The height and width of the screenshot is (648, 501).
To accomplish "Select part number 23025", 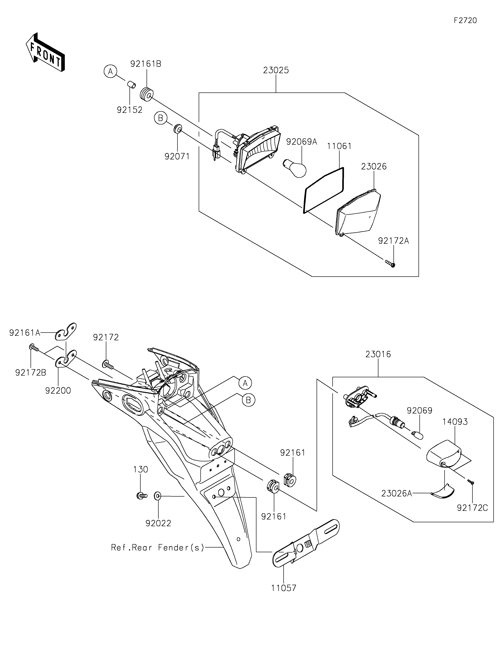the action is (x=276, y=71).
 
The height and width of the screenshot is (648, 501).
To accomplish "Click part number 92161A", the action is (x=25, y=333).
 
